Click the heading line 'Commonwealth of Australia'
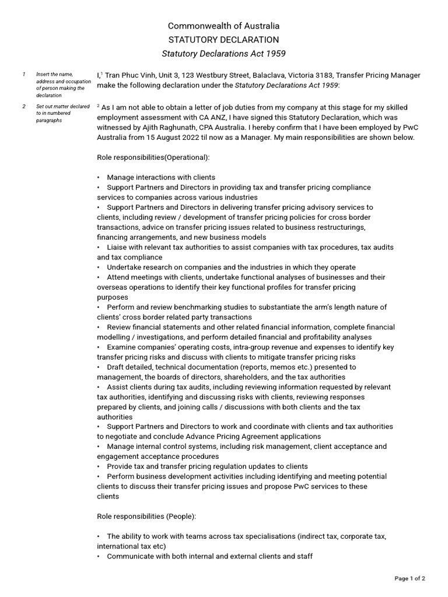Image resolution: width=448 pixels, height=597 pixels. pyautogui.click(x=224, y=26)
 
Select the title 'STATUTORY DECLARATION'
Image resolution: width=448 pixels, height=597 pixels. pyautogui.click(x=224, y=40)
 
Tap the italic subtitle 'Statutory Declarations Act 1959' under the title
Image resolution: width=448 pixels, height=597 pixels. pyautogui.click(x=224, y=54)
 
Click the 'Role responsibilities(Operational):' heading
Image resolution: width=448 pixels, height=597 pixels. pyautogui.click(x=153, y=157)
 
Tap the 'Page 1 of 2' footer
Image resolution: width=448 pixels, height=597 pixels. pyautogui.click(x=409, y=578)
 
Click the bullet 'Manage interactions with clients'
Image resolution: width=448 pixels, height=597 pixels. pyautogui.click(x=161, y=177)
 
